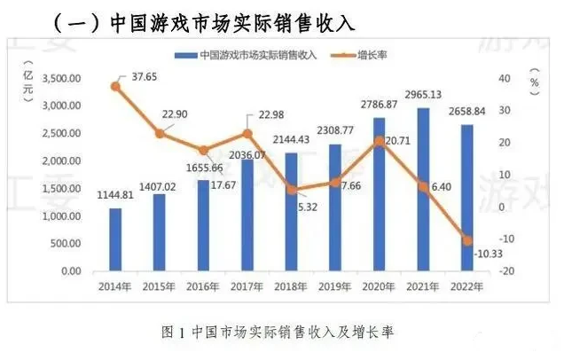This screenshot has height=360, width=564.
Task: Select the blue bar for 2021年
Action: point(423,190)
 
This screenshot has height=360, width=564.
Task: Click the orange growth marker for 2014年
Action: point(115,86)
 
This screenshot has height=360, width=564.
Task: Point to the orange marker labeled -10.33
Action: point(467,240)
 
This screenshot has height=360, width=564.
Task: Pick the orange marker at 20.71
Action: point(380,141)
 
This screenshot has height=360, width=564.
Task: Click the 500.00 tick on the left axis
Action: point(67,244)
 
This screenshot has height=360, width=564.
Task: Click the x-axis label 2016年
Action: point(203,286)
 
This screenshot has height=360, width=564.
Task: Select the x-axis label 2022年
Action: point(466,286)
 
